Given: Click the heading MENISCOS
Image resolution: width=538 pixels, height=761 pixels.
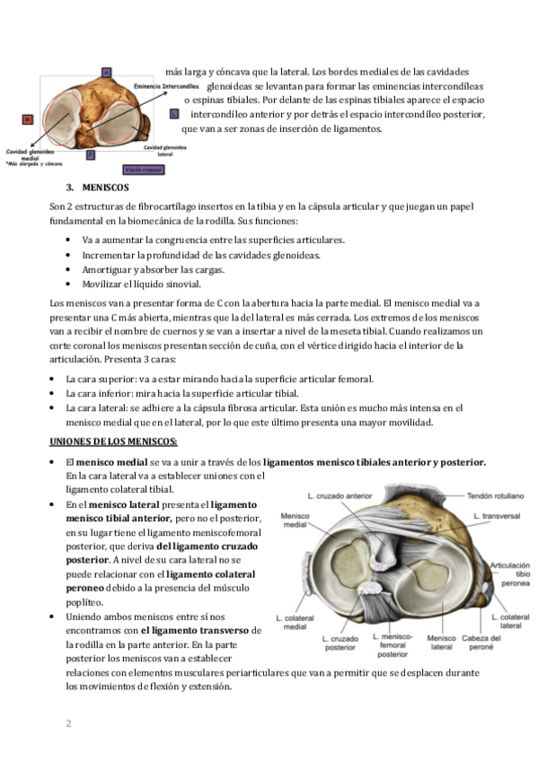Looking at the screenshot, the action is click(x=105, y=188).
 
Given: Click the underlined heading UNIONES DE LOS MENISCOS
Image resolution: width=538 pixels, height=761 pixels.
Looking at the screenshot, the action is click(x=113, y=442).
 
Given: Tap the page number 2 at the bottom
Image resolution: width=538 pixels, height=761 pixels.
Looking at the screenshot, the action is click(x=68, y=723).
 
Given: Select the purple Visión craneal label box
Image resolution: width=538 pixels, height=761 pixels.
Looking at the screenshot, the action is click(x=144, y=170).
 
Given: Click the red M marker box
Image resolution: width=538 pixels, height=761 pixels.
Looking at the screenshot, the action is click(x=28, y=118).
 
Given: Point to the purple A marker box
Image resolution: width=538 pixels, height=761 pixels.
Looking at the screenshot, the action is click(x=106, y=73).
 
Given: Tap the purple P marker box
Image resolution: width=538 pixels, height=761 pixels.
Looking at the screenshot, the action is click(x=91, y=155).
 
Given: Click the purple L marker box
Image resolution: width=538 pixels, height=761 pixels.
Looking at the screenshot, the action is click(x=174, y=114).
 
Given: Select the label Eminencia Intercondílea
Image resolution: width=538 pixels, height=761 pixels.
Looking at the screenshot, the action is click(x=166, y=86).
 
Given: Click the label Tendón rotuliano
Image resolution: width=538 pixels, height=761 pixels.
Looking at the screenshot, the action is click(x=495, y=496).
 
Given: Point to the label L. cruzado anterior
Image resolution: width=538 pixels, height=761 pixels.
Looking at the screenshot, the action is click(x=340, y=496).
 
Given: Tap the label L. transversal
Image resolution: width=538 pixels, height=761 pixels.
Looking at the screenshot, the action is click(x=497, y=516).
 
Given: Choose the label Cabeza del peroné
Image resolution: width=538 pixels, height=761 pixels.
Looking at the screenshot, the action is click(x=481, y=643).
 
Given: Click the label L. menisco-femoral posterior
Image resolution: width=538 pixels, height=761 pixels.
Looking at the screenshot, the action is click(x=392, y=645).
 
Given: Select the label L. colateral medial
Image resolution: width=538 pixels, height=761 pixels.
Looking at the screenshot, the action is click(x=295, y=622).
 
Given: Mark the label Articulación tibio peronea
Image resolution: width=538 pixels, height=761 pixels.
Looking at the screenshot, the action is click(x=510, y=574).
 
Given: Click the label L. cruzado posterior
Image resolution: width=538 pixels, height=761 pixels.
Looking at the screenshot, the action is click(x=340, y=643).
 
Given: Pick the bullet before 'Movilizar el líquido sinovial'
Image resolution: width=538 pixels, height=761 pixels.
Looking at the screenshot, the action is click(x=68, y=284).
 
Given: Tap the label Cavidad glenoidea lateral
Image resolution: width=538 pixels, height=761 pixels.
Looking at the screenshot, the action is click(x=165, y=151).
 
